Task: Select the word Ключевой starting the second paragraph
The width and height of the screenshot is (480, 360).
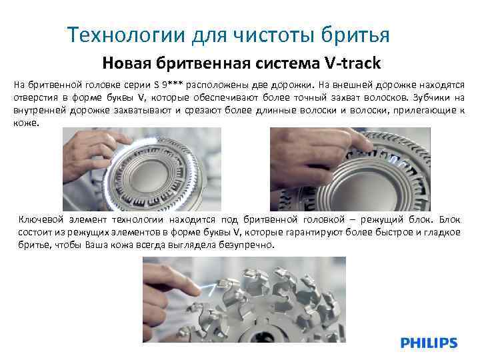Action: pos(39,219)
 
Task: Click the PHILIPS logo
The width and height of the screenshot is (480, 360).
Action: pos(429,343)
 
